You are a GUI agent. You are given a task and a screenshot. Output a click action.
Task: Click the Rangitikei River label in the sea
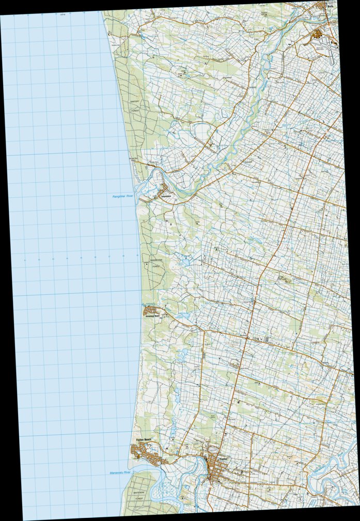point(123,197)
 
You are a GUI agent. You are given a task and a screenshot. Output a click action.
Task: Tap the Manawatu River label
point(121,472)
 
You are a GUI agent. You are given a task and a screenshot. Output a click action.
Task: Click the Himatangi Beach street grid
point(151,311)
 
